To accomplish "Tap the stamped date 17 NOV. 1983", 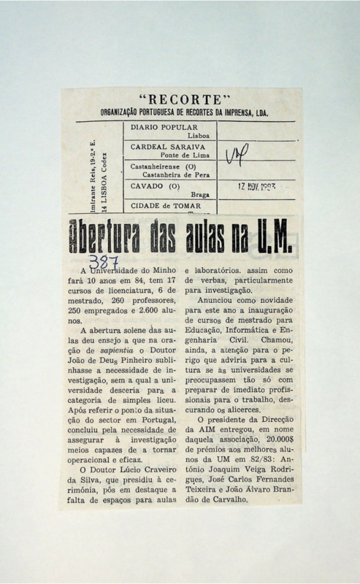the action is tap(256, 188).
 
